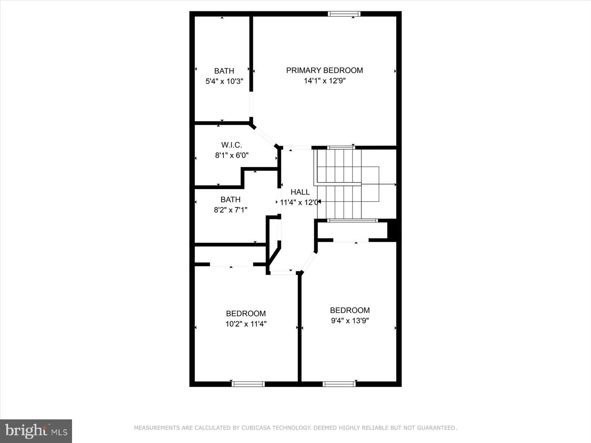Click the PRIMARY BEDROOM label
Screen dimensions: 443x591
[324, 70]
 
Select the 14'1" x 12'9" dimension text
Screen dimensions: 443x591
[324, 81]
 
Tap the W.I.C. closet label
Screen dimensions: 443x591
[232, 145]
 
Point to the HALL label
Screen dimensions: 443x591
[300, 192]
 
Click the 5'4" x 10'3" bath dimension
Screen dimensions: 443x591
[224, 81]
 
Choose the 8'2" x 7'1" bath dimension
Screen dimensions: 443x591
[230, 210]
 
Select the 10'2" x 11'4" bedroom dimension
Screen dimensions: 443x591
[246, 324]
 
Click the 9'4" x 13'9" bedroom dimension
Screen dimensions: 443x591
[350, 321]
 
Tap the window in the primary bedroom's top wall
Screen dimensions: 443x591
[344, 14]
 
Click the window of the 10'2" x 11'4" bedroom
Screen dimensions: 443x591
[248, 384]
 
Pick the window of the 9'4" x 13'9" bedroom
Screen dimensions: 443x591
[339, 384]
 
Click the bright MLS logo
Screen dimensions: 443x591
[36, 431]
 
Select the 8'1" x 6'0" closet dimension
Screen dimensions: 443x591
[232, 155]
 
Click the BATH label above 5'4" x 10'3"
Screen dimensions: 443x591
[224, 71]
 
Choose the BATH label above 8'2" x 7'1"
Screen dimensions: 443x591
[230, 200]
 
